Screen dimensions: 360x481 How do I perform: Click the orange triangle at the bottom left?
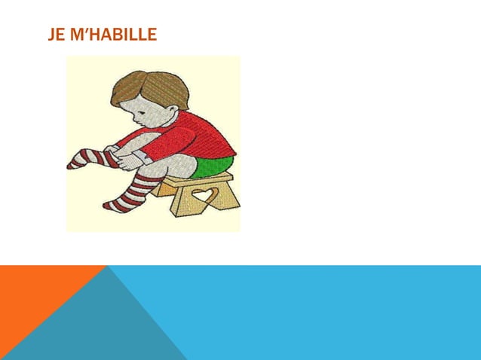[38, 294]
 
